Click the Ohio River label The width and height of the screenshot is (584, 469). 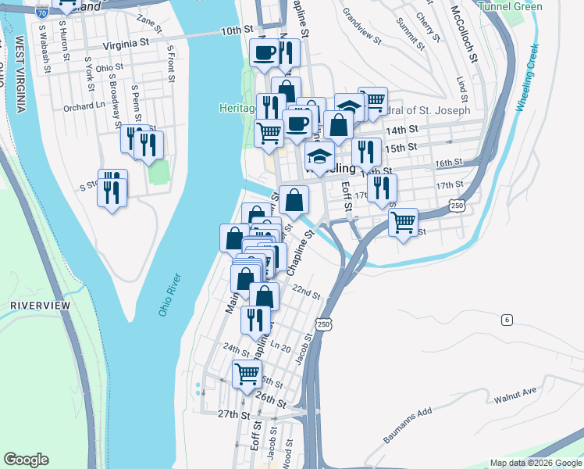click(x=169, y=295)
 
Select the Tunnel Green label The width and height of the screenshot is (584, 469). click(x=511, y=6)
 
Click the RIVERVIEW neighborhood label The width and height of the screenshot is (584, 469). click(x=41, y=305)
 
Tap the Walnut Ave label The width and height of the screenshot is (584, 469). click(x=516, y=395)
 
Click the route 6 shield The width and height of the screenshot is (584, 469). click(x=507, y=320)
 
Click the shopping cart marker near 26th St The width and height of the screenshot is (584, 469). click(x=247, y=374)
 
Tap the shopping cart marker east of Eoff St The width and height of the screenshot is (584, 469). click(x=403, y=222)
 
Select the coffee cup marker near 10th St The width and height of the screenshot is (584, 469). click(x=263, y=53)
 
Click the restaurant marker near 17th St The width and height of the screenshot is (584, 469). click(x=381, y=188)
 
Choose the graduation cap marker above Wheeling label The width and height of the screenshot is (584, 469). click(x=319, y=156)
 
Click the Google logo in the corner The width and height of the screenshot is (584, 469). click(x=27, y=460)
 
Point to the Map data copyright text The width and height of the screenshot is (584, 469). click(x=535, y=463)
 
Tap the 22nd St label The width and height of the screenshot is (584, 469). click(x=307, y=293)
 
